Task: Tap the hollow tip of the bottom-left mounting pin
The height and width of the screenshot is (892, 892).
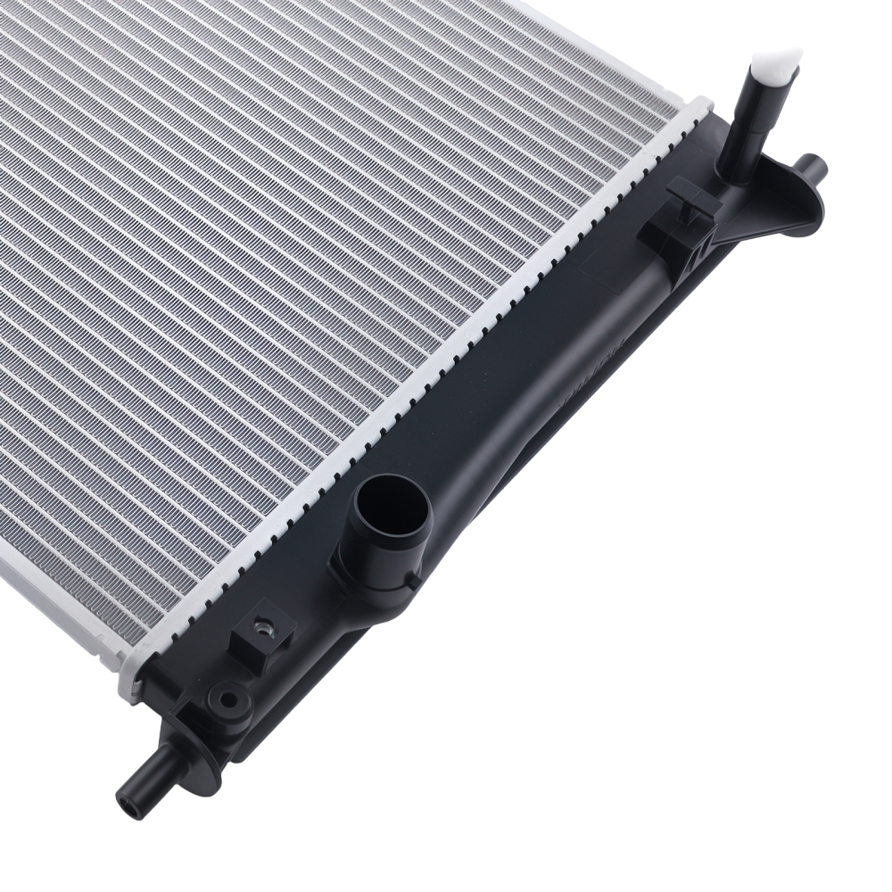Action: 127,796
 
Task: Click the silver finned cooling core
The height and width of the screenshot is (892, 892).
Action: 312,268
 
